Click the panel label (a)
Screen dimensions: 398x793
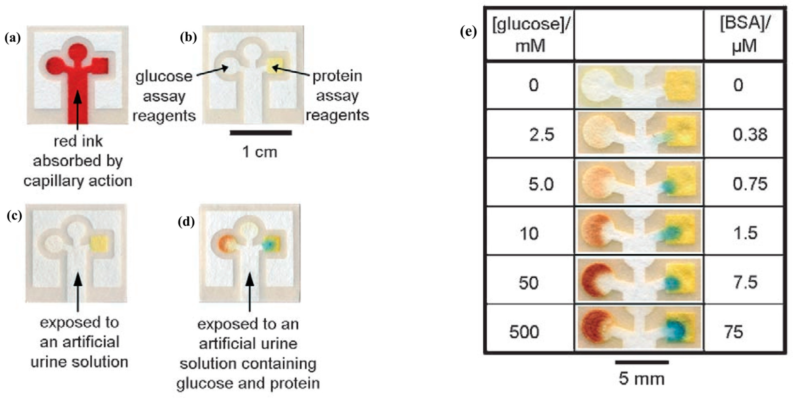point(13,39)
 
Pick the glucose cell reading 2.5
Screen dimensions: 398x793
point(542,135)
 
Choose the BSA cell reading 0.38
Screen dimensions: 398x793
point(750,135)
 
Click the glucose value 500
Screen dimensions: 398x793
point(524,332)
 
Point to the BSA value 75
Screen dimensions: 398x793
point(734,332)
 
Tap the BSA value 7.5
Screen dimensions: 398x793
point(746,282)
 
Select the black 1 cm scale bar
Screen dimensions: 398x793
point(261,133)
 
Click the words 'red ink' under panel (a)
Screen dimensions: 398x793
point(78,141)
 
